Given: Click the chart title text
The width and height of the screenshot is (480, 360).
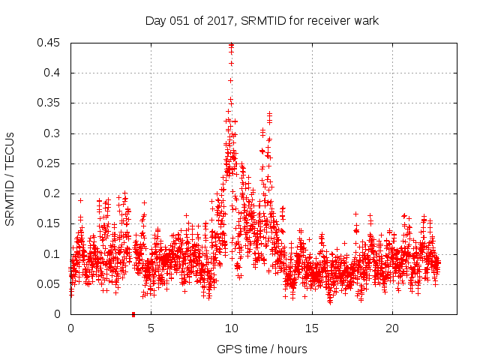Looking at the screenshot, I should click(262, 20).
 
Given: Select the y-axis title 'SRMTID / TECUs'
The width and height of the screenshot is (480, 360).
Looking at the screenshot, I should click(10, 178).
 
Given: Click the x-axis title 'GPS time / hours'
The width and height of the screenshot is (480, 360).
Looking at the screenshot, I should click(262, 349).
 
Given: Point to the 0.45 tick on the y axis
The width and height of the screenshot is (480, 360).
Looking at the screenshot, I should click(50, 43).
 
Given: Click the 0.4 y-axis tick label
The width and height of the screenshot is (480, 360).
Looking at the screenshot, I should click(53, 73).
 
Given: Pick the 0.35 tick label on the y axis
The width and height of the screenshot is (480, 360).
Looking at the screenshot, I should click(50, 103).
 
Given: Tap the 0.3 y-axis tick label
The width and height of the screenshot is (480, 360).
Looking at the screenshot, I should click(53, 133).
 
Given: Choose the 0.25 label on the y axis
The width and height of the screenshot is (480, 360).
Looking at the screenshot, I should click(50, 163).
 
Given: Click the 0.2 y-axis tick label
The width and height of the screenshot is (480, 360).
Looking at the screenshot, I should click(53, 193).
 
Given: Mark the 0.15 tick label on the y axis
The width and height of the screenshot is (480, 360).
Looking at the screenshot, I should click(50, 223).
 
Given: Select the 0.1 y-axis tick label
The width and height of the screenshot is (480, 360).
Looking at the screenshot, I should click(53, 253).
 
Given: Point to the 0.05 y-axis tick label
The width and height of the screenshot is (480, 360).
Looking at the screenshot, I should click(50, 283).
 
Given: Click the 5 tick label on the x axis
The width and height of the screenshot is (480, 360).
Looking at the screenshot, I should click(151, 328).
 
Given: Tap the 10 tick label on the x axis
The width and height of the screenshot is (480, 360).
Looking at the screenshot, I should click(232, 328).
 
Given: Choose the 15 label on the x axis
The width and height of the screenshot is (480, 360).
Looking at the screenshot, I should click(312, 328).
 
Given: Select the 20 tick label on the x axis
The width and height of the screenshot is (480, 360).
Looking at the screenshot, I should click(392, 328).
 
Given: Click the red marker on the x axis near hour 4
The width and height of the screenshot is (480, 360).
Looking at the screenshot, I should click(133, 314).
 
